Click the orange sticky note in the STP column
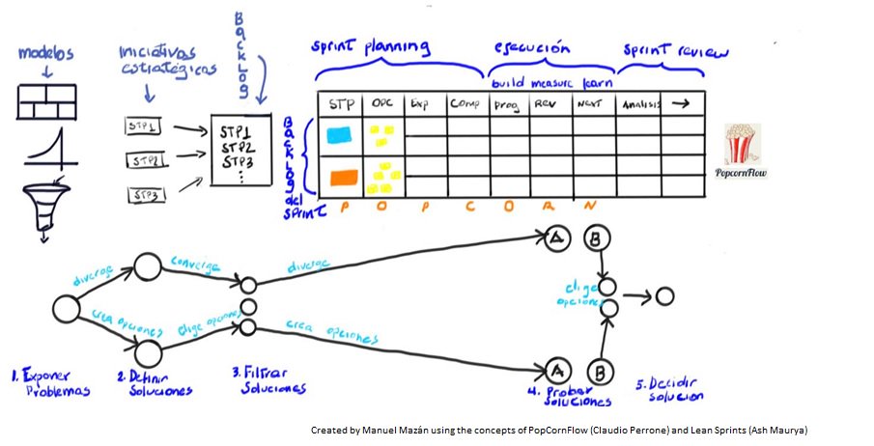coord(343,178)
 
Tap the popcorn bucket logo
coord(742,147)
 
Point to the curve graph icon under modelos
coord(43,145)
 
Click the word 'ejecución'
coord(531,48)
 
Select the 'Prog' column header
coord(506,104)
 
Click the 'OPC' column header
coord(383,103)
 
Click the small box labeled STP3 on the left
coord(147,195)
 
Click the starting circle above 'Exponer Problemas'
coord(66,310)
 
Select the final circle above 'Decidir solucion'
coord(663,295)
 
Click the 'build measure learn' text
coord(546,84)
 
